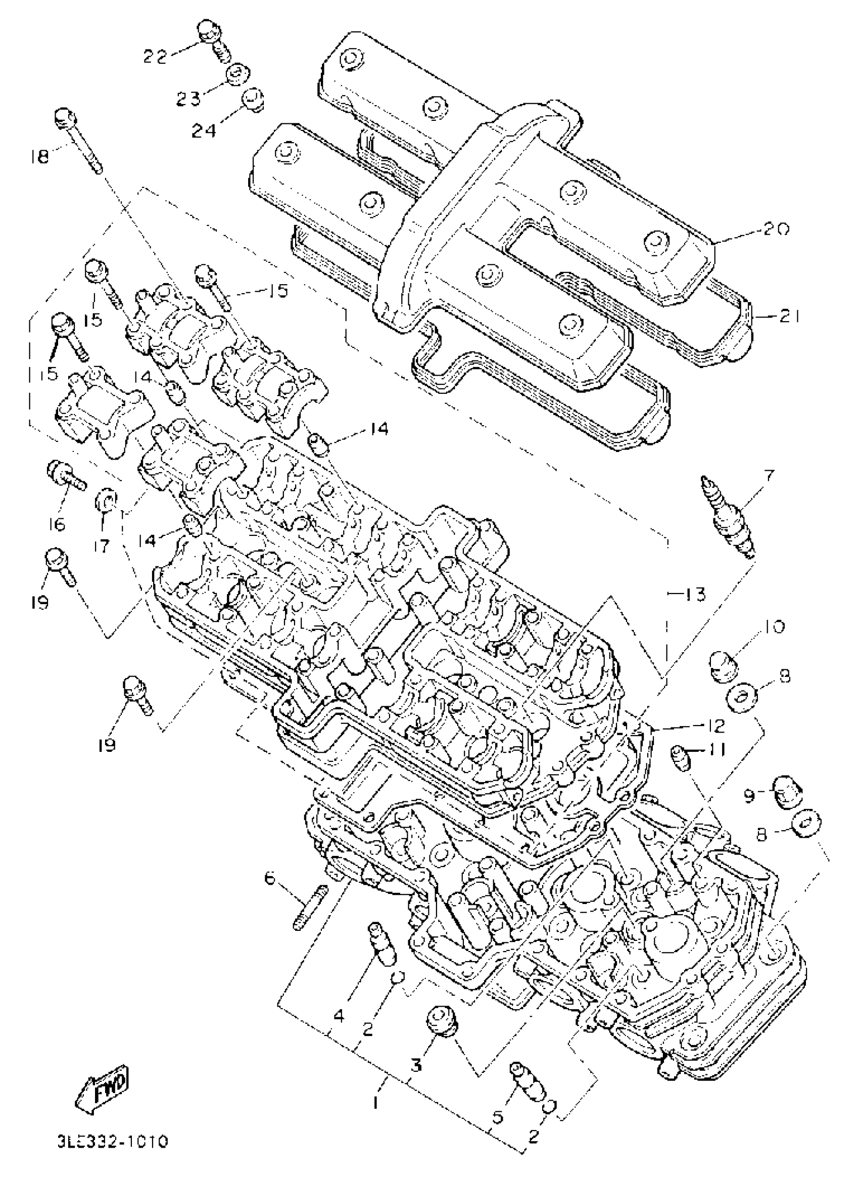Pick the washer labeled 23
(237, 76)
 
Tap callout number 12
(712, 725)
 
